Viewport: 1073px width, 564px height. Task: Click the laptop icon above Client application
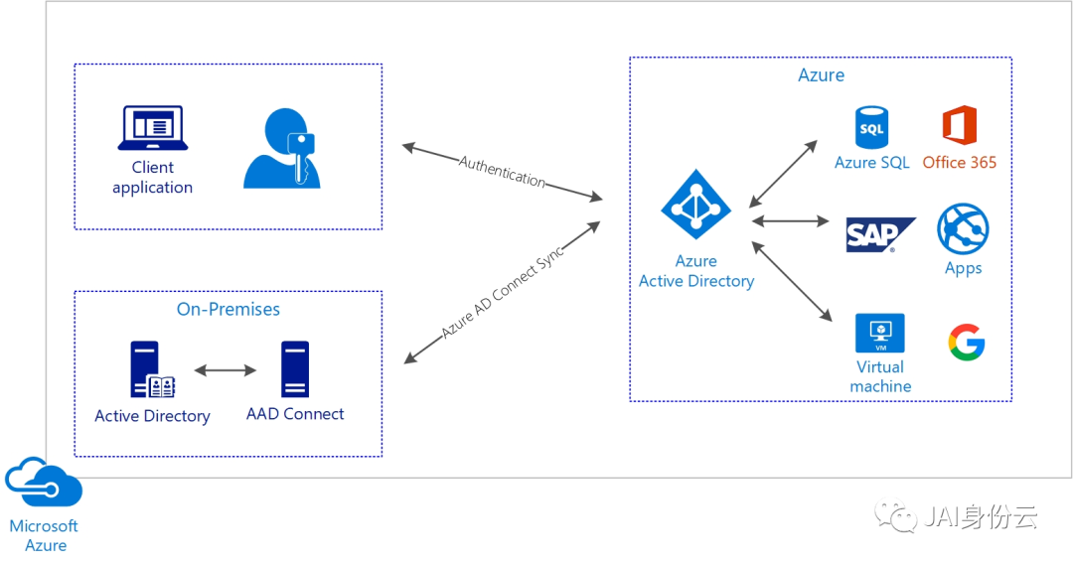click(153, 128)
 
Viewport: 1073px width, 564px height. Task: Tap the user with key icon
click(281, 148)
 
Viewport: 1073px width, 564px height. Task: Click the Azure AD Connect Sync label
click(503, 292)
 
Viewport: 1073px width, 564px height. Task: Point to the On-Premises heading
click(229, 310)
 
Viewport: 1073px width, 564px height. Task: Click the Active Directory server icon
click(152, 369)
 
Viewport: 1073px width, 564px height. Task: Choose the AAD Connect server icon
click(295, 369)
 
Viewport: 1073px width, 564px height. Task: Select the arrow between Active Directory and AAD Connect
click(226, 370)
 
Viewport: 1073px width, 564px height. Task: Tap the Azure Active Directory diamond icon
click(695, 204)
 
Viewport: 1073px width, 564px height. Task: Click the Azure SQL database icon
click(872, 127)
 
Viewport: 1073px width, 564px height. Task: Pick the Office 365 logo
click(960, 125)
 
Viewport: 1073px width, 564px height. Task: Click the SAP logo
click(880, 235)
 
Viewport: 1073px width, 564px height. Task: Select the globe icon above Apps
click(963, 229)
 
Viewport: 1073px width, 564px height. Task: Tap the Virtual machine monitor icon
click(880, 334)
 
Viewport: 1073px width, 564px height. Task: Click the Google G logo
click(967, 342)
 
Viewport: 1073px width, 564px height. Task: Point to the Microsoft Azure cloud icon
click(44, 482)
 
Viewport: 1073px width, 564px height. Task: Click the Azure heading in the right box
click(822, 75)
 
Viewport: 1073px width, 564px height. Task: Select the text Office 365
click(960, 163)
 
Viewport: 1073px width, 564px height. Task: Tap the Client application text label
click(153, 178)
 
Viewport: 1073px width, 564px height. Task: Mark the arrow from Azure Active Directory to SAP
click(791, 220)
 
